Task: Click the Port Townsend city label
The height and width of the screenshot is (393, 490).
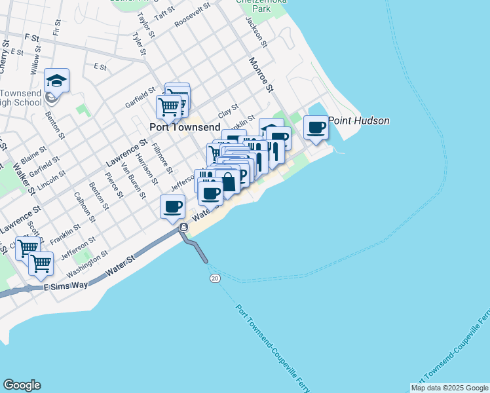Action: [184, 127]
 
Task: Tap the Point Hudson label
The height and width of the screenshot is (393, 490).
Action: [358, 121]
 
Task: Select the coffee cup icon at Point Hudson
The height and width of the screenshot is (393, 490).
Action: [316, 127]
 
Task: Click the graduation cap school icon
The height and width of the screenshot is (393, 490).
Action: [57, 81]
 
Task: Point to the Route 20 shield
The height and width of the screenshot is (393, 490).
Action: [215, 278]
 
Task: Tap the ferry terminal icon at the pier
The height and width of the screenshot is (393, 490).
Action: [183, 227]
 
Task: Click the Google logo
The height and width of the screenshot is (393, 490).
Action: [22, 385]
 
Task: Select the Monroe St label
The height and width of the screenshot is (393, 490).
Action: [260, 74]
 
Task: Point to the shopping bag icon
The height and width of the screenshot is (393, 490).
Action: [227, 181]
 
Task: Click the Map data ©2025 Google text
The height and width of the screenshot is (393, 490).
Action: [449, 388]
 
